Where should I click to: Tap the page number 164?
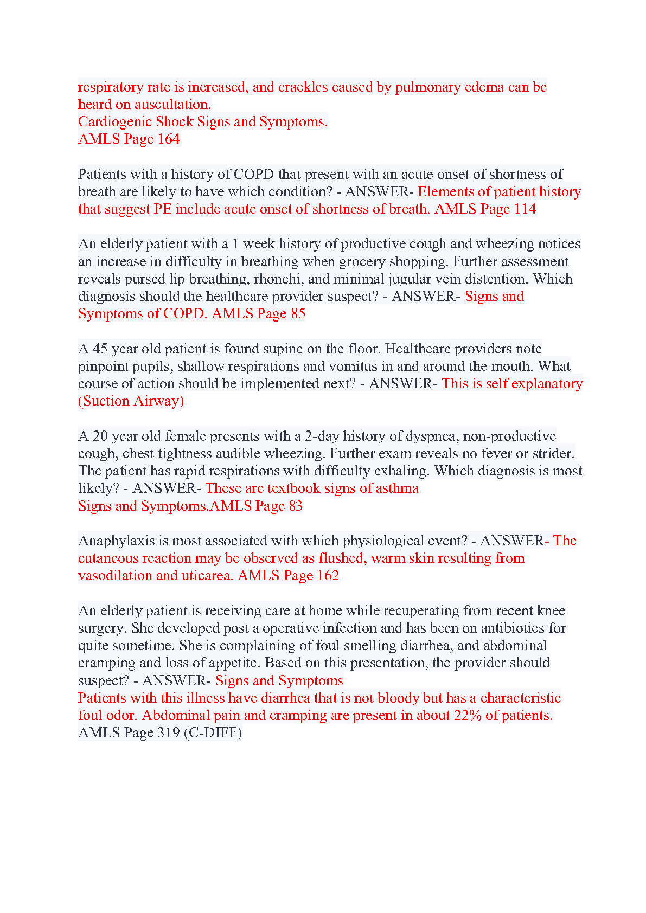[168, 139]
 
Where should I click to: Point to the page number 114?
[525, 209]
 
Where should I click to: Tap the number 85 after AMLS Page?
[298, 313]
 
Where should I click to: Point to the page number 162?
[328, 575]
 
